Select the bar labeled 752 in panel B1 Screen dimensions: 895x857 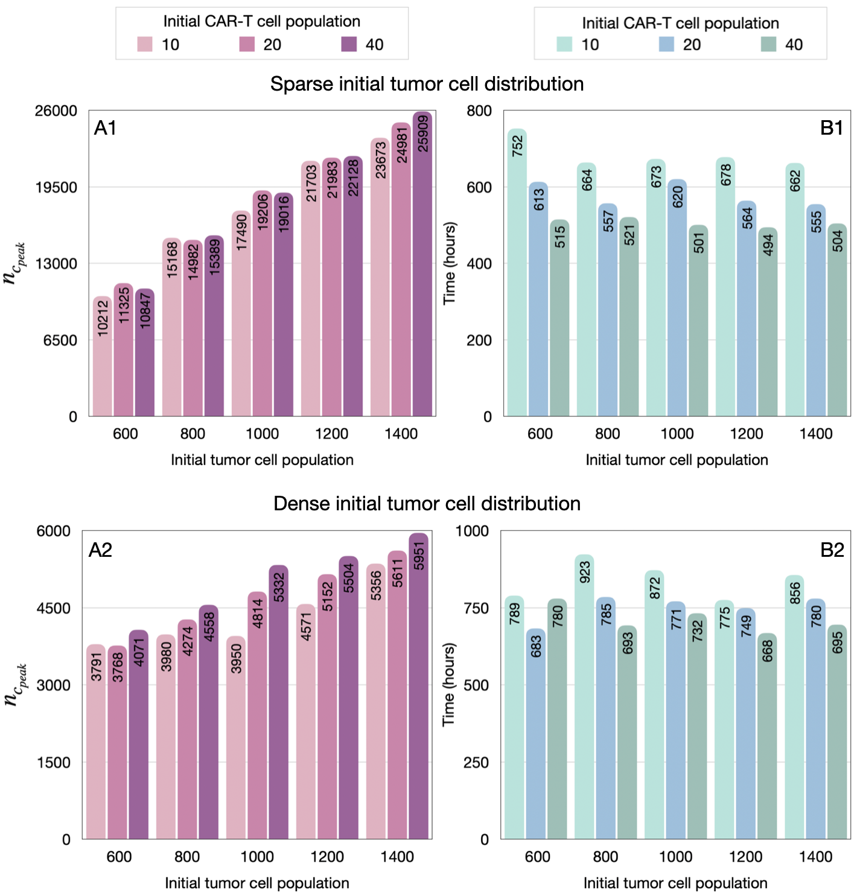pos(517,272)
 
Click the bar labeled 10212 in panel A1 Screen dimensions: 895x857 pos(103,356)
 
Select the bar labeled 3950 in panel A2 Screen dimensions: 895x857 pos(236,737)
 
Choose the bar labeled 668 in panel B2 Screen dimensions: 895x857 pos(767,736)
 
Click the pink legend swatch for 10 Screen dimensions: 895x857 pos(145,45)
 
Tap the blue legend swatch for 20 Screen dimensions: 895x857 pos(666,45)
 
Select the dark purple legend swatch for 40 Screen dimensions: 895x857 pos(349,45)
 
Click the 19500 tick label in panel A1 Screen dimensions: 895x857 pos(56,187)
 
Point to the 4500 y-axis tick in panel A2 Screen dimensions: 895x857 pos(54,608)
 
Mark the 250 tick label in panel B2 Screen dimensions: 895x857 pos(476,762)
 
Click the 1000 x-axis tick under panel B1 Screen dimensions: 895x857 pos(677,434)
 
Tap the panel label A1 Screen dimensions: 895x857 pos(106,128)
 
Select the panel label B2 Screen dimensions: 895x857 pos(832,550)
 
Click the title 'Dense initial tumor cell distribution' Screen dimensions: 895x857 pos(427,504)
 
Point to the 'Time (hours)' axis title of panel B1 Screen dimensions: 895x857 pos(450,263)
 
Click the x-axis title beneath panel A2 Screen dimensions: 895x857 pos(257,883)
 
